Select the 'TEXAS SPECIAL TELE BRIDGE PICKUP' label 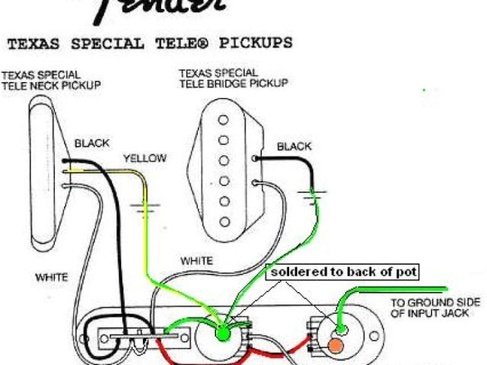pyautogui.click(x=233, y=78)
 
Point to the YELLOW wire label pyautogui.click(x=144, y=158)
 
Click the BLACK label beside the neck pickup pyautogui.click(x=91, y=143)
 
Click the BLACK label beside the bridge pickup pyautogui.click(x=294, y=146)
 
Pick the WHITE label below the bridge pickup pyautogui.click(x=196, y=261)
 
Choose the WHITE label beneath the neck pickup pyautogui.click(x=52, y=277)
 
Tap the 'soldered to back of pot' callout pyautogui.click(x=342, y=271)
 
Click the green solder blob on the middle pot pyautogui.click(x=223, y=332)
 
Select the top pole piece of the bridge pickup pyautogui.click(x=223, y=119)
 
